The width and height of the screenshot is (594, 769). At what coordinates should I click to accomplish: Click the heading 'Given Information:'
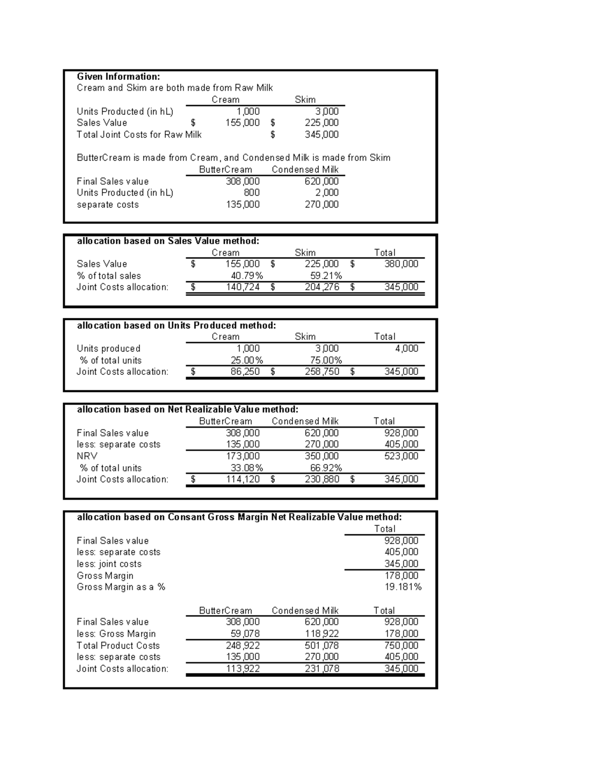click(118, 76)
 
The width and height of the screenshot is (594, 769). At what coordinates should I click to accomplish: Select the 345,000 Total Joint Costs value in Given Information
click(322, 134)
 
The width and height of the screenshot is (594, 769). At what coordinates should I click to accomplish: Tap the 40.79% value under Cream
click(247, 275)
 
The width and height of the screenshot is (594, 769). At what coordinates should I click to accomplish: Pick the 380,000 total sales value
click(401, 263)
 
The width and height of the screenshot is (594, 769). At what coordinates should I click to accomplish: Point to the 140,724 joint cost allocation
click(243, 287)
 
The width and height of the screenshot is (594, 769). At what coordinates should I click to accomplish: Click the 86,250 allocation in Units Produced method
click(245, 371)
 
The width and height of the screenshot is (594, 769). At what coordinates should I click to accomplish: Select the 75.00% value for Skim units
click(326, 360)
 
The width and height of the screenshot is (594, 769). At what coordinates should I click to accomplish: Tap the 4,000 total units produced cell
click(406, 348)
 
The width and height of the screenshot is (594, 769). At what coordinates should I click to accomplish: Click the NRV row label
click(87, 456)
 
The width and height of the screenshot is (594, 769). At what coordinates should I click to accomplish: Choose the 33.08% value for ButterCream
click(247, 467)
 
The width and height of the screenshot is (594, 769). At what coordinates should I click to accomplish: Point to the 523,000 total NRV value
click(401, 456)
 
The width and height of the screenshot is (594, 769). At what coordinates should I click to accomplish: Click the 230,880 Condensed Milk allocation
click(322, 479)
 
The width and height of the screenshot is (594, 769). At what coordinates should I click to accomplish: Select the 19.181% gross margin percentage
click(403, 587)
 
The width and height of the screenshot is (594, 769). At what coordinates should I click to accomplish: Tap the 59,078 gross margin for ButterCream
click(245, 633)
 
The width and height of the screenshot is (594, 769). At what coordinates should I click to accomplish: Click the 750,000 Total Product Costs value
click(401, 645)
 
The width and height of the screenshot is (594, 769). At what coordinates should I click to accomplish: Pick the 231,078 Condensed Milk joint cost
click(322, 668)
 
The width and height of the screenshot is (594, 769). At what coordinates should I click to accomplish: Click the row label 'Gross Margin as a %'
click(121, 587)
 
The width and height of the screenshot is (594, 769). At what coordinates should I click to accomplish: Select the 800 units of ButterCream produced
click(251, 193)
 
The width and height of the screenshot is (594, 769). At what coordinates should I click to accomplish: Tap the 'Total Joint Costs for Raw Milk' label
click(139, 134)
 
